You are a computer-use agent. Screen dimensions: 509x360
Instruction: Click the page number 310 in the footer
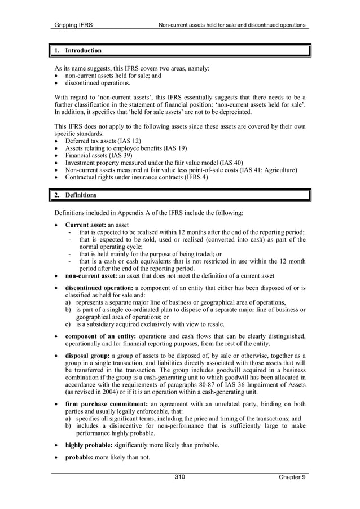point(179,477)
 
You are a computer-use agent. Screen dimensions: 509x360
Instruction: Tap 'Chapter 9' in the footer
point(292,477)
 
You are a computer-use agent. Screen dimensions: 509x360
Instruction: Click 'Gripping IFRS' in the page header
point(73,25)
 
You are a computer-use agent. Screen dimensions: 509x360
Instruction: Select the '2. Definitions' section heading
point(76,195)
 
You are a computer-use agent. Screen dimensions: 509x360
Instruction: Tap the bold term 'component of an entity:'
point(101,336)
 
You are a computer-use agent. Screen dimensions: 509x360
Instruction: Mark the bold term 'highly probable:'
point(89,445)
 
